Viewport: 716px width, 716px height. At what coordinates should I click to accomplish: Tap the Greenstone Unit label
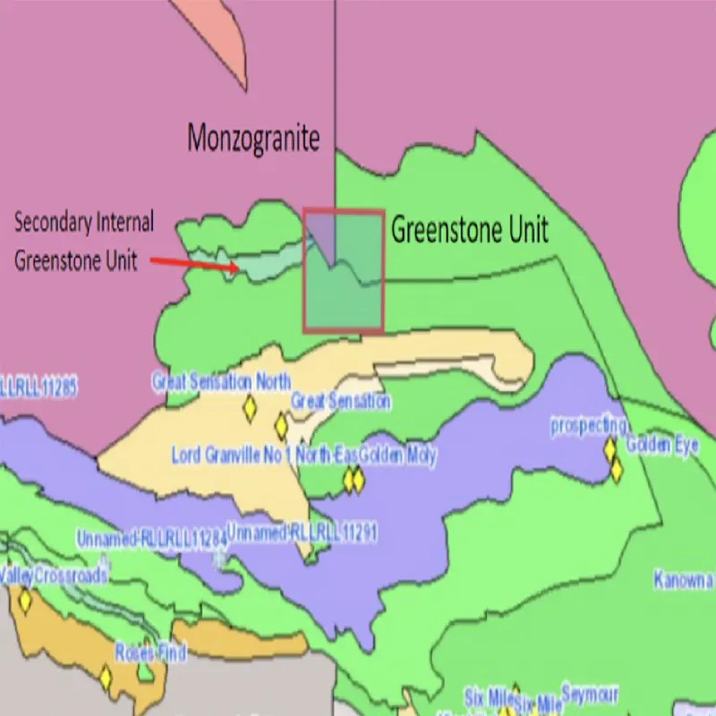(469, 230)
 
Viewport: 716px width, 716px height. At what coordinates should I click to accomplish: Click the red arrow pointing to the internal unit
(193, 263)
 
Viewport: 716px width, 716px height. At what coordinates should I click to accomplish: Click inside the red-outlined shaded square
(344, 271)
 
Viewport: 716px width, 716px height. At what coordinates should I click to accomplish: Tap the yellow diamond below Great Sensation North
(251, 409)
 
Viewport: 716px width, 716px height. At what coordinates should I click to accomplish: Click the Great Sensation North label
(221, 382)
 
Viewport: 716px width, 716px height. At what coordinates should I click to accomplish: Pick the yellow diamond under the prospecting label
(609, 448)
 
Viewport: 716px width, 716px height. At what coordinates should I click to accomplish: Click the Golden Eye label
(661, 445)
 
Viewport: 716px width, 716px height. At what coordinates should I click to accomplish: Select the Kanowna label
(683, 579)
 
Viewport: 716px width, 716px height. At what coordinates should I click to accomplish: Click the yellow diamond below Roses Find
(106, 678)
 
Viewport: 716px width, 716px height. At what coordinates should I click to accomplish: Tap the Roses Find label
(149, 652)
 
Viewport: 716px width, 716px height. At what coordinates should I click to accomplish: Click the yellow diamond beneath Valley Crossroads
(25, 601)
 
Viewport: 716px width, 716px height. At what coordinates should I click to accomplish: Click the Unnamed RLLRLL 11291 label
(302, 533)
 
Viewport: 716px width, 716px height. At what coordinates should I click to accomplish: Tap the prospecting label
(588, 425)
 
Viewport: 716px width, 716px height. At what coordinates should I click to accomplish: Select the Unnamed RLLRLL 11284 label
(152, 540)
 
